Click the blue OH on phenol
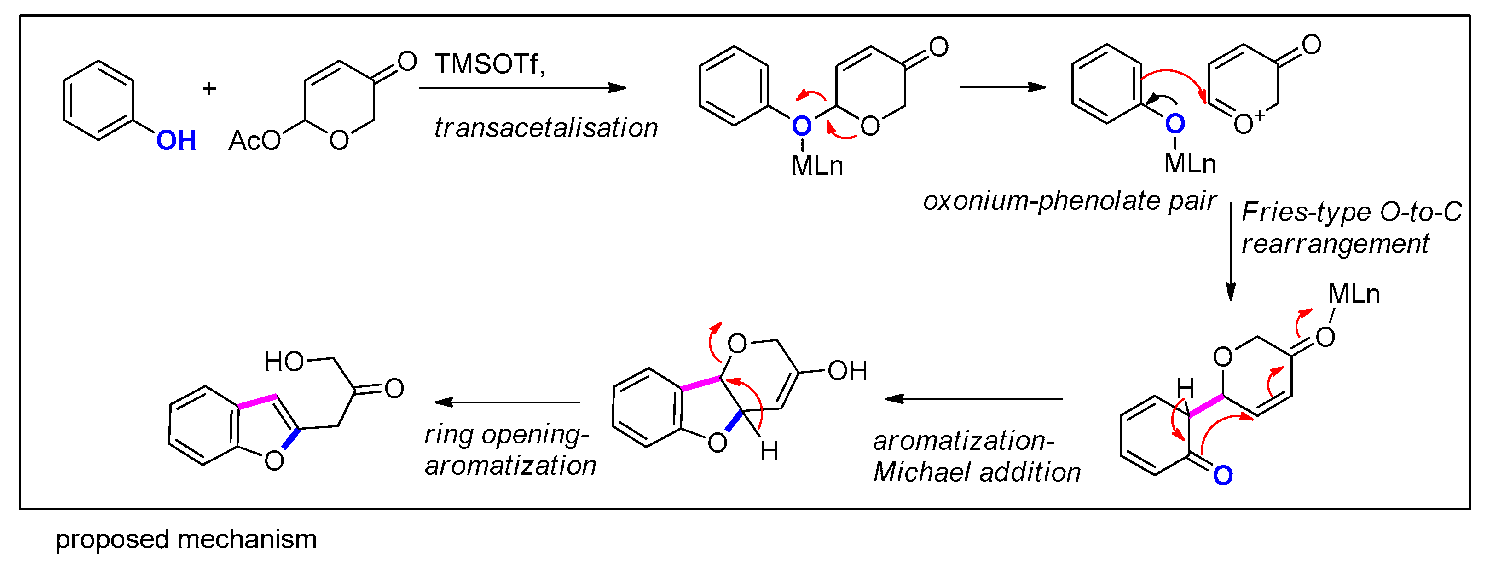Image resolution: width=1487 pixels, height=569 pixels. coord(176,141)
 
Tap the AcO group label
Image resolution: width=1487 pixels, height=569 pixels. coord(254,141)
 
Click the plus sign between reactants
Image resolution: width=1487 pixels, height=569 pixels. coord(209,88)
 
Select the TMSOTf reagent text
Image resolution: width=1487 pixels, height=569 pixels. coord(489,64)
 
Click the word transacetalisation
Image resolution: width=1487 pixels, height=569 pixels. coord(545,127)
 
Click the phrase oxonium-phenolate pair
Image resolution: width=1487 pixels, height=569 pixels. coord(1069,201)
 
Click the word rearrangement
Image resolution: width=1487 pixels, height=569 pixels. coord(1335,243)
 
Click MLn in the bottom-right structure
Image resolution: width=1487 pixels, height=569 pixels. coord(1353,294)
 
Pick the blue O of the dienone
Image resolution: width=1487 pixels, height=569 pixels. coord(1223,476)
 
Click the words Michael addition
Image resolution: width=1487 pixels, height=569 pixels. coord(977,472)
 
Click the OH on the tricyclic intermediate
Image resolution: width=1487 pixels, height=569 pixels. coord(847,371)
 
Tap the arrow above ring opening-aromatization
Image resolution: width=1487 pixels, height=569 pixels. coord(508,402)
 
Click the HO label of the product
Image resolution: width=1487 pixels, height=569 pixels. coord(284,362)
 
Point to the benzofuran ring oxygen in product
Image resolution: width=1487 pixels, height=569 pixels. coord(274,460)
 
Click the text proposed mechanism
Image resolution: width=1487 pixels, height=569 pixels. coord(186,540)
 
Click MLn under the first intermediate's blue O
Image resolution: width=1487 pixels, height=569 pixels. coord(817,166)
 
